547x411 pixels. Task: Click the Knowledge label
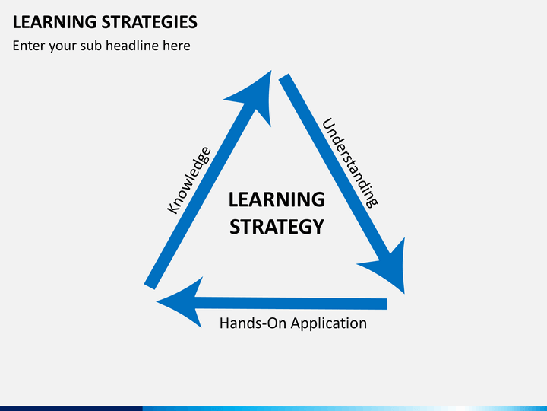188,180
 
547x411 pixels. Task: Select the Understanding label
349,162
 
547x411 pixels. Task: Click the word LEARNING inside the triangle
277,199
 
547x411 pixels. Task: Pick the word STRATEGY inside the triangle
277,227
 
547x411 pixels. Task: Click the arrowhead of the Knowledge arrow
254,94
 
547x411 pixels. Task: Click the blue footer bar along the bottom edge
273,408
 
